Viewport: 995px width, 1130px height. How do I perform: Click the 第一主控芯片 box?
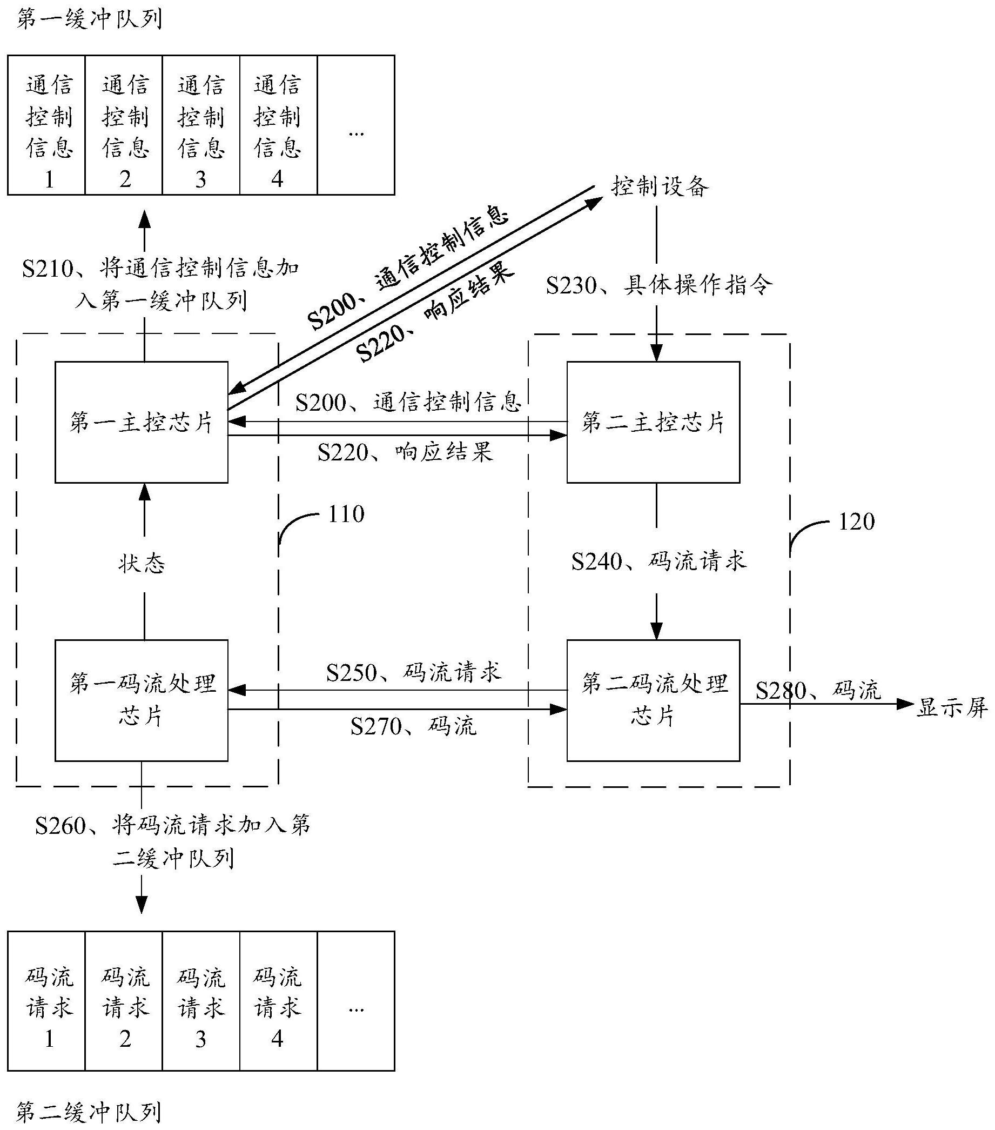[x=142, y=423]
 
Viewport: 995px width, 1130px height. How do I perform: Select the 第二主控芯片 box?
[x=653, y=423]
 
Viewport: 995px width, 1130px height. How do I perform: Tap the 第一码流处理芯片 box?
[x=142, y=700]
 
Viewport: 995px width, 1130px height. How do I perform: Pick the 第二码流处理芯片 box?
[x=653, y=700]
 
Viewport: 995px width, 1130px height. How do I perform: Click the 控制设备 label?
[x=660, y=187]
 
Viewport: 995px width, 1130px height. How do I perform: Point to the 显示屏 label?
[x=952, y=707]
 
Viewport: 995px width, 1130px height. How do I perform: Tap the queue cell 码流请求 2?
[x=125, y=1008]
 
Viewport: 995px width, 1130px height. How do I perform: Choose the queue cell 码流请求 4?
[x=278, y=1008]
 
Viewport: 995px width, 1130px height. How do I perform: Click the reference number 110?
[x=346, y=514]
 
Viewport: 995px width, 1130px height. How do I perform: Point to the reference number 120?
[x=856, y=523]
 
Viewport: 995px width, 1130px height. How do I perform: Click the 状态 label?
[x=142, y=564]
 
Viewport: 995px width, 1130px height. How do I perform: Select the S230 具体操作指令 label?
[x=660, y=286]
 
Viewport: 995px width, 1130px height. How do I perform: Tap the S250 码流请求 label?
[x=414, y=673]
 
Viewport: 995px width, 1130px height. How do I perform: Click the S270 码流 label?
[x=414, y=726]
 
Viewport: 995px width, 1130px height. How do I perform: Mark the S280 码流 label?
[x=818, y=691]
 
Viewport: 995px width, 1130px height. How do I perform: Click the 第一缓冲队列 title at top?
[x=89, y=20]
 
